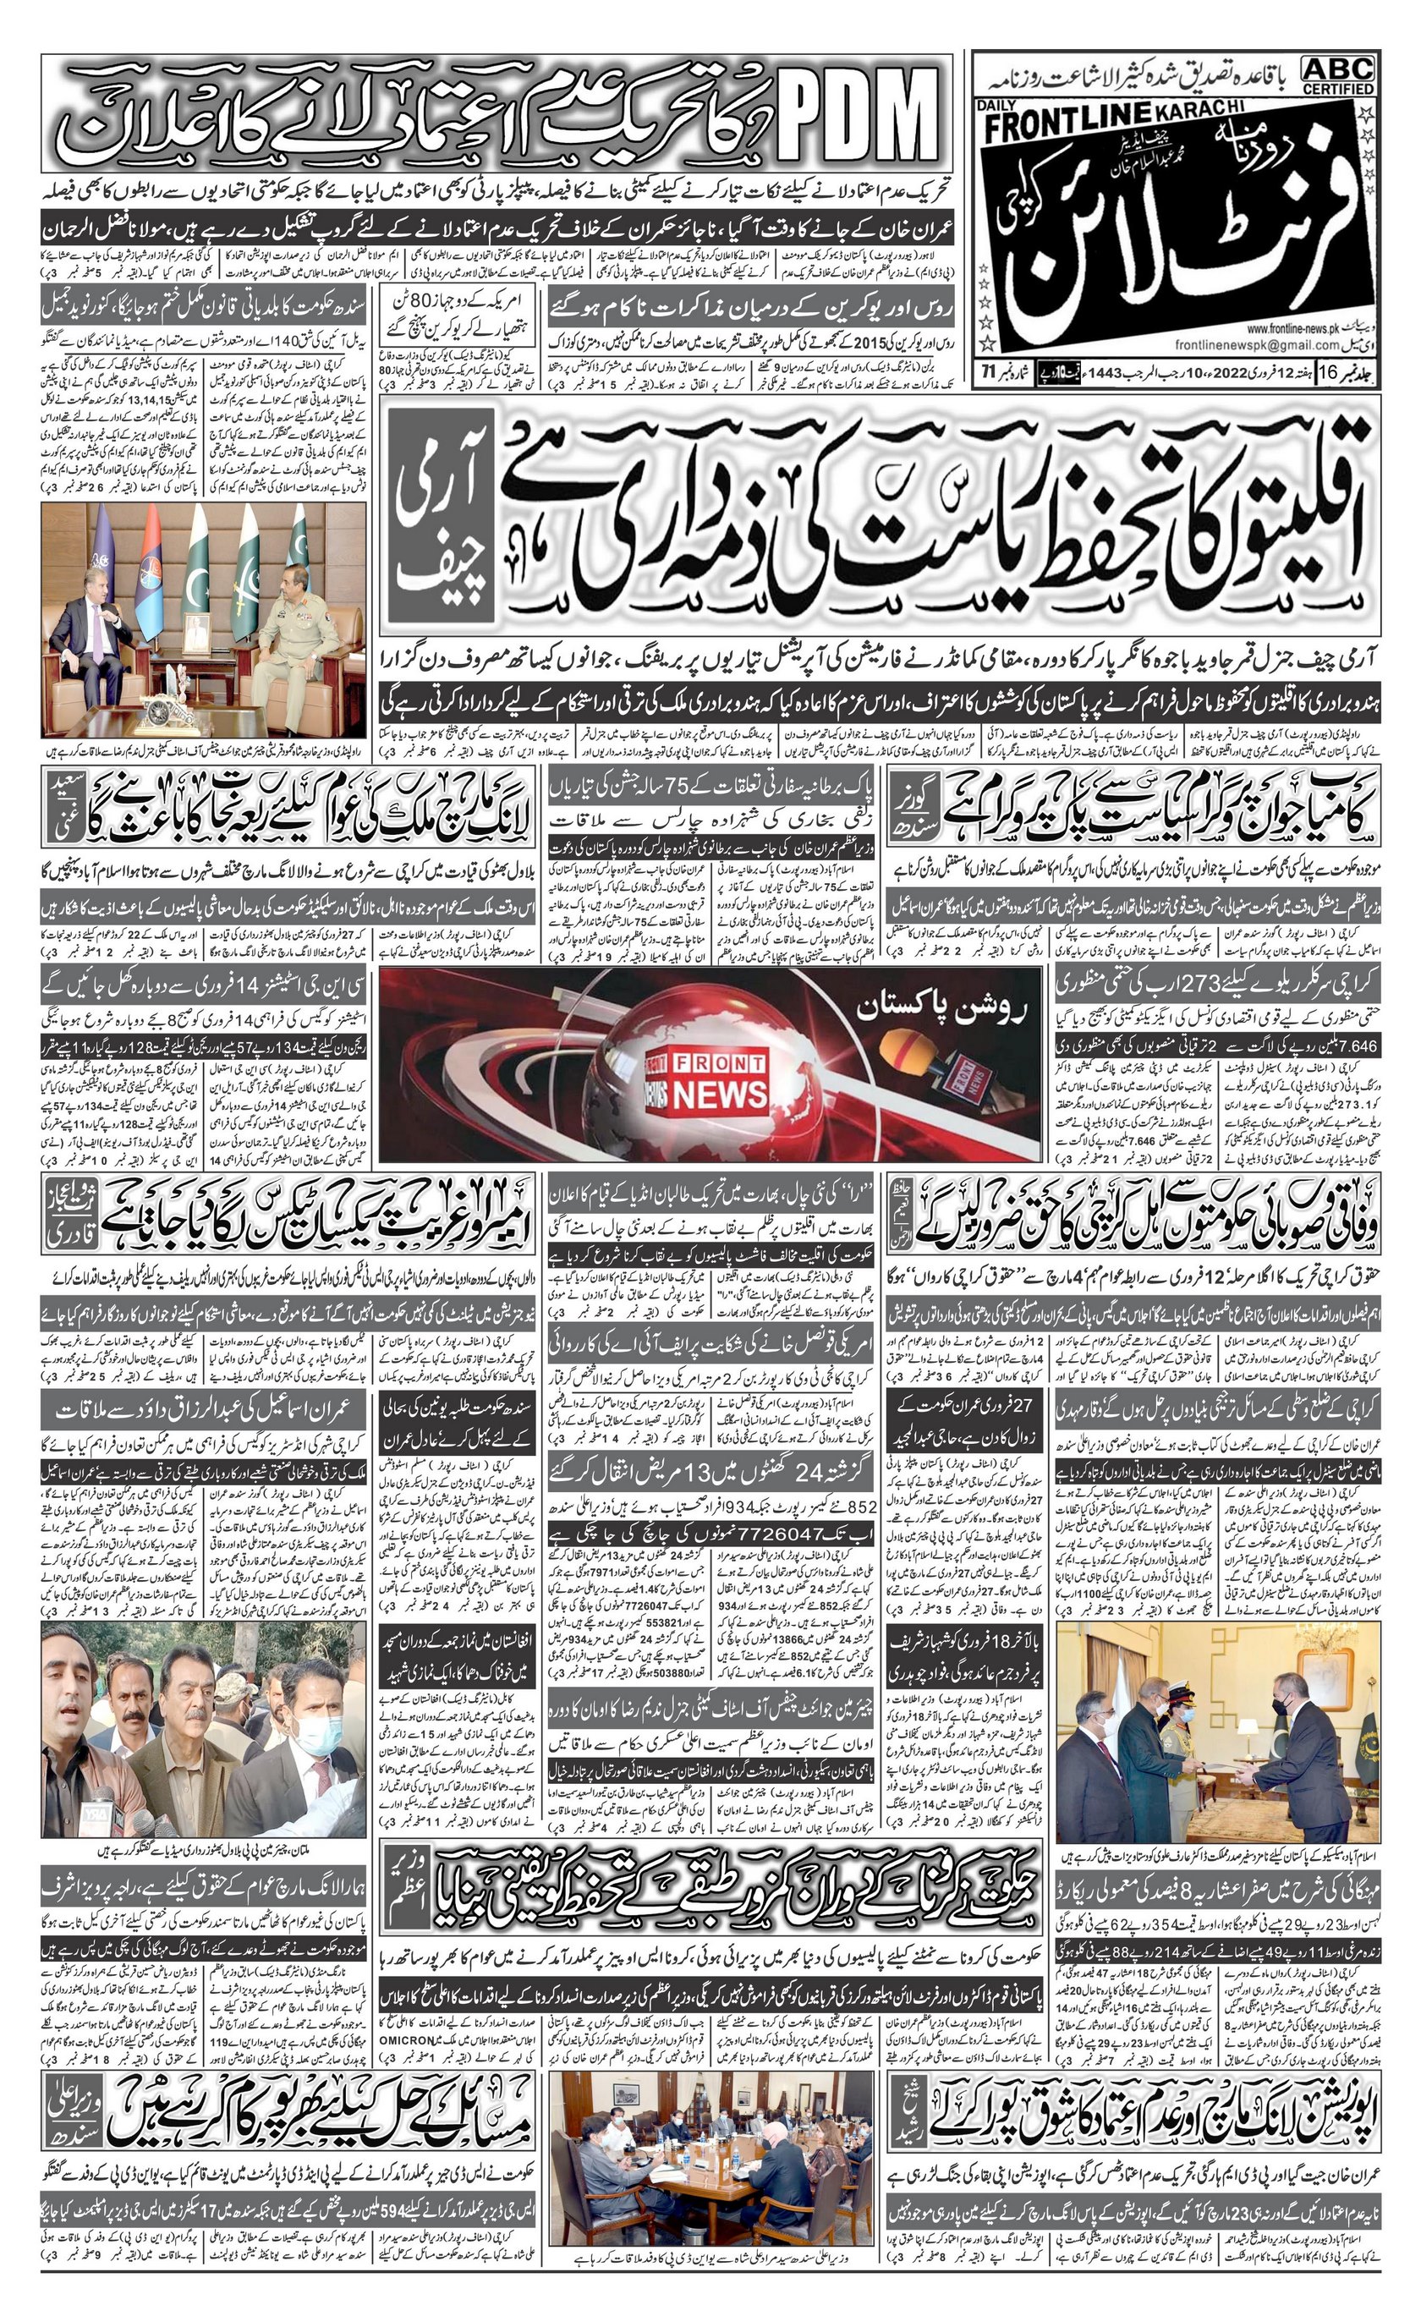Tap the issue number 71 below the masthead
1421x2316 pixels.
click(989, 370)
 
